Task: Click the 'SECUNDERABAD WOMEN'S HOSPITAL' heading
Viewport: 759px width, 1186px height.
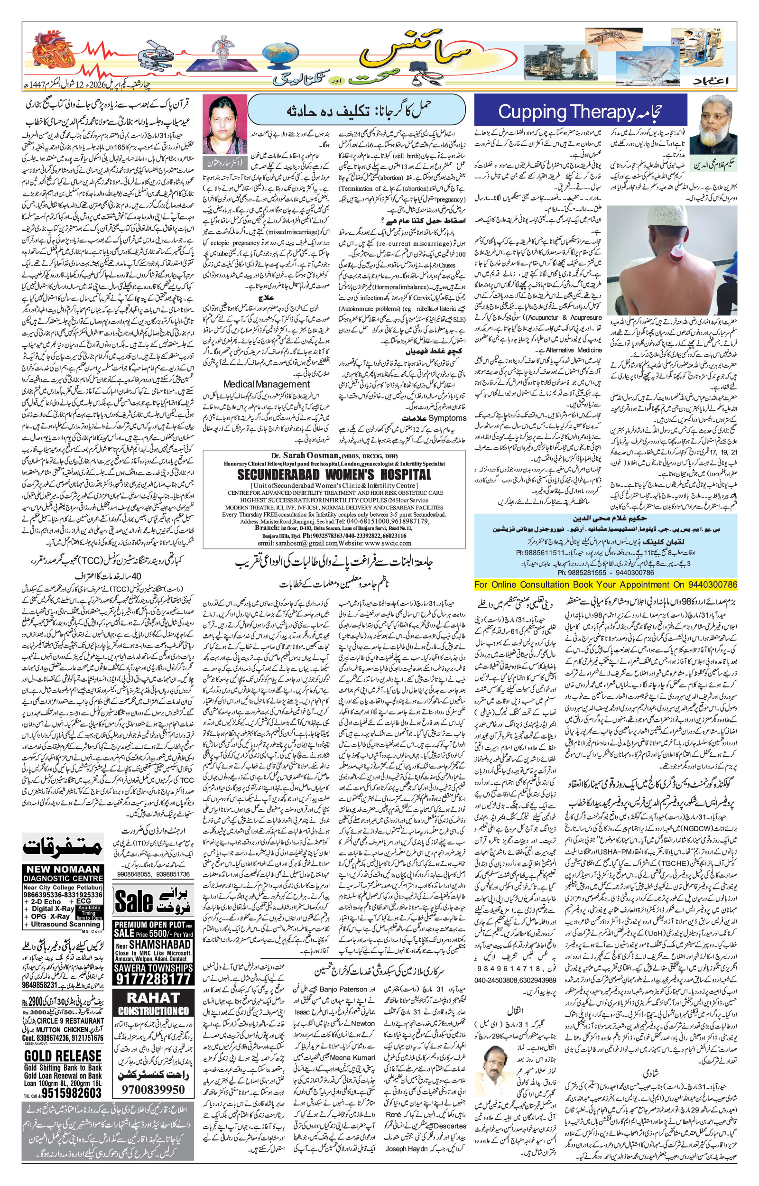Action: coord(333,474)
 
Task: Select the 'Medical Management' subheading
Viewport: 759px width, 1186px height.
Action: coord(266,384)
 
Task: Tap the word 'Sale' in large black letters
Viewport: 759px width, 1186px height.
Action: coord(134,901)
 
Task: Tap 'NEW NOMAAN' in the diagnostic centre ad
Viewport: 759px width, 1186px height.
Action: coord(63,869)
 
